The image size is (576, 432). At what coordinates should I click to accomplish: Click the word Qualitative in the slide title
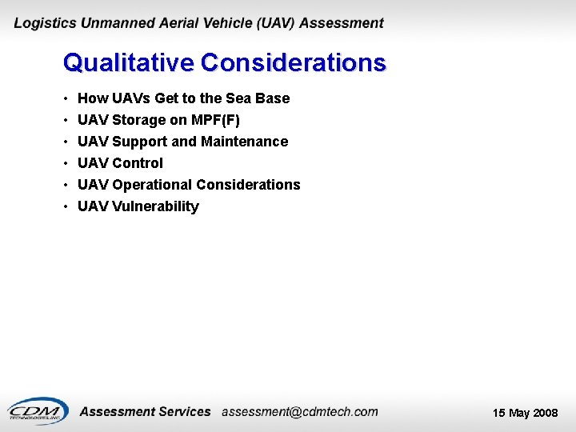[129, 62]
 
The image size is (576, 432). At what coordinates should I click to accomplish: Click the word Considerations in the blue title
[294, 62]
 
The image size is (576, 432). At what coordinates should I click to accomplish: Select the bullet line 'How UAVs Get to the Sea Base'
[183, 98]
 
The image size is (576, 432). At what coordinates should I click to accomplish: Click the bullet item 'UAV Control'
[120, 163]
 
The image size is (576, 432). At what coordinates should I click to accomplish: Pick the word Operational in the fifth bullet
[152, 185]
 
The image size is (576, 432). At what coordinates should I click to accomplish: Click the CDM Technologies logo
[37, 410]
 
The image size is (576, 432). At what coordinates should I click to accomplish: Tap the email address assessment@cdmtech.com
[299, 412]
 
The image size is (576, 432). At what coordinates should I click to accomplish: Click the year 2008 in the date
[545, 413]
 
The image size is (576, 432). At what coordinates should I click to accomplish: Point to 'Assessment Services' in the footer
[145, 412]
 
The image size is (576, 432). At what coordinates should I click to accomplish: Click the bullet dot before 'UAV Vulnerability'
[65, 207]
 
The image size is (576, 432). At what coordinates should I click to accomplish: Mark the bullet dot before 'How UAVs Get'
[65, 99]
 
